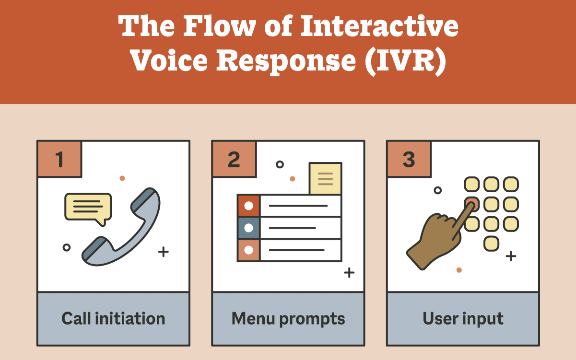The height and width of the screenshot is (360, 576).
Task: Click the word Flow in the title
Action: (x=219, y=26)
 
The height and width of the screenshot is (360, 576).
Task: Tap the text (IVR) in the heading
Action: (x=406, y=61)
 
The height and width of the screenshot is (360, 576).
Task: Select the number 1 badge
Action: (x=59, y=159)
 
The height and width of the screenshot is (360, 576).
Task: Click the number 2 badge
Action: (x=234, y=159)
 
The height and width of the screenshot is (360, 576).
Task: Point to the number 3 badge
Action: (x=409, y=159)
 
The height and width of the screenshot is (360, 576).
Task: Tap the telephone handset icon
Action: (x=121, y=227)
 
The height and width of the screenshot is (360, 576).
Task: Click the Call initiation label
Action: (x=113, y=319)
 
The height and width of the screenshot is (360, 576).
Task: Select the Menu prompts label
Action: (x=288, y=319)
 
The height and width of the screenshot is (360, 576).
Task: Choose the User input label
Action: (x=463, y=319)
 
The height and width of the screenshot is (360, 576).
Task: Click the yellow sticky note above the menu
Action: (x=325, y=178)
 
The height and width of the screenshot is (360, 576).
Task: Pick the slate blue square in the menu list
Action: (x=248, y=228)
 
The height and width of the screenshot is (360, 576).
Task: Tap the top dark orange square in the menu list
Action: (x=248, y=206)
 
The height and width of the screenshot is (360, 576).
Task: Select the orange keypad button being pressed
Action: (x=472, y=204)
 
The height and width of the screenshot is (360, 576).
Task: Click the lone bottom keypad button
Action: (x=492, y=244)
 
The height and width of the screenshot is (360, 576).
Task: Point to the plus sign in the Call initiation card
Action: (x=164, y=252)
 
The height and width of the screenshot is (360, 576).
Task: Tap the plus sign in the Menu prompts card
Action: (x=349, y=273)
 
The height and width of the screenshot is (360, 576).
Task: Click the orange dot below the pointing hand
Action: (x=459, y=270)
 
